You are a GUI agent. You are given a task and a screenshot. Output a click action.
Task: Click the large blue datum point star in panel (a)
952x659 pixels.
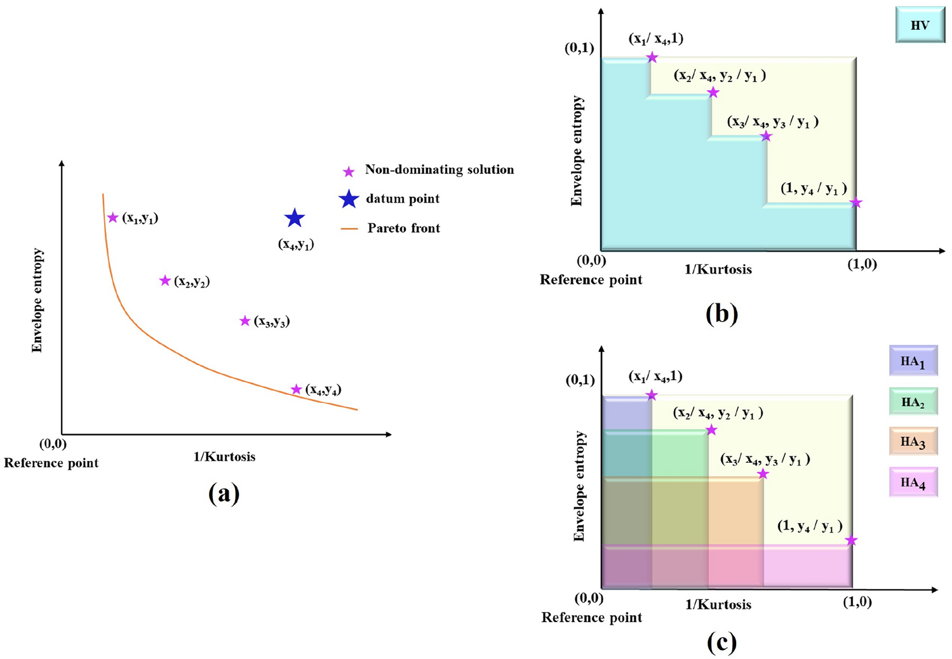click(x=294, y=218)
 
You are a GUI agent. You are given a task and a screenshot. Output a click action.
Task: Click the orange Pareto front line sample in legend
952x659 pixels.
click(x=350, y=229)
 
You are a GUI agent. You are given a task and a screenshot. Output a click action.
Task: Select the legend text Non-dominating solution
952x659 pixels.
click(x=439, y=170)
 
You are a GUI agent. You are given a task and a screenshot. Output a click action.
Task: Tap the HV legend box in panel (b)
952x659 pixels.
click(x=920, y=25)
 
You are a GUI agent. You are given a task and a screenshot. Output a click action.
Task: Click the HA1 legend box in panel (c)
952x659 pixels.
click(x=913, y=362)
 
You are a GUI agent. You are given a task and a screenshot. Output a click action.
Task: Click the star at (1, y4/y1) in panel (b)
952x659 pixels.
click(x=855, y=203)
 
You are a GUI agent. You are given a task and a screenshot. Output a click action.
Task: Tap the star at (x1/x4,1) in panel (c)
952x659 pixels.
click(x=652, y=396)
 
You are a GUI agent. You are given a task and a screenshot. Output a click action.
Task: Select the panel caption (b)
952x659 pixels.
click(x=721, y=314)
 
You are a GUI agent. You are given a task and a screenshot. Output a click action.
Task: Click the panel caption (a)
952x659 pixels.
click(x=224, y=493)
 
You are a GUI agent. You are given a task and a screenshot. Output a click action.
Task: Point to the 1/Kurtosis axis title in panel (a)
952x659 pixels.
click(x=224, y=456)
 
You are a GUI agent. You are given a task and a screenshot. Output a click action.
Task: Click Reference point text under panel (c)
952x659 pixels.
click(x=591, y=618)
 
